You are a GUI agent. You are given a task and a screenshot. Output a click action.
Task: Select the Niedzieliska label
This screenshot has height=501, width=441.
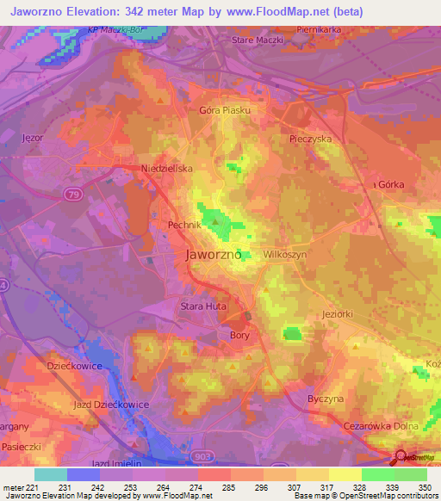point(167,170)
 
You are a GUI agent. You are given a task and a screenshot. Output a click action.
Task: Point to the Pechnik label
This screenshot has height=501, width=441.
point(183,225)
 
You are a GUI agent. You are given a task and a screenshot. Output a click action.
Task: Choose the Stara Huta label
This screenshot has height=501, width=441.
point(202,306)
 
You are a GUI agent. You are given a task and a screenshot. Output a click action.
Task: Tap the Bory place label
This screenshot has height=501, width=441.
point(239,336)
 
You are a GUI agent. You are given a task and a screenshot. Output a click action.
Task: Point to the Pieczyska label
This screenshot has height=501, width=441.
point(311,138)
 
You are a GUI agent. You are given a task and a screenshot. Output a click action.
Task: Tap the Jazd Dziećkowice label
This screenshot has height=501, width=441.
point(111,404)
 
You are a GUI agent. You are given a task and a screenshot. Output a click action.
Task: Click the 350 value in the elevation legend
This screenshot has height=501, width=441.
point(425,487)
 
